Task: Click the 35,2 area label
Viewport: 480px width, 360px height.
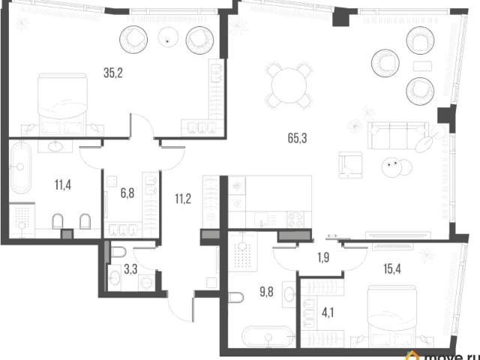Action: (113, 73)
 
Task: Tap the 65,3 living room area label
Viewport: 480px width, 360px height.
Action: (297, 138)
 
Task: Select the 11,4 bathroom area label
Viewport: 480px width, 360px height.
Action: (63, 185)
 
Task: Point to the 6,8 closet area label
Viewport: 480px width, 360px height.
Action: (127, 193)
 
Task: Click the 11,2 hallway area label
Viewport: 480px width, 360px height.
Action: (183, 199)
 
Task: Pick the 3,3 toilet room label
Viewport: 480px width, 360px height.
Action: (130, 270)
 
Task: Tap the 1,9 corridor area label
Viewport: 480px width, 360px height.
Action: (323, 258)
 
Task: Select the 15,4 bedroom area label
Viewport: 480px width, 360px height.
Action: (392, 269)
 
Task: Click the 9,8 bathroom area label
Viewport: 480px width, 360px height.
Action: (267, 292)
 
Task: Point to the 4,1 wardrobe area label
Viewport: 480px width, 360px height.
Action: (328, 313)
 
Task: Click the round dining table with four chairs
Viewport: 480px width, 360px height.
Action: (289, 85)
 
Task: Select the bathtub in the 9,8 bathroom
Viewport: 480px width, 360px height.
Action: (268, 337)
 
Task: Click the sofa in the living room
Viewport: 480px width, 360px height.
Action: (397, 135)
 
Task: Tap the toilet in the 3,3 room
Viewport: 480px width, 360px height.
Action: (118, 253)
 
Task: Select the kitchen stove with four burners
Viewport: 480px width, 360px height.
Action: (295, 220)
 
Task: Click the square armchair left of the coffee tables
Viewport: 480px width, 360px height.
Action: (351, 164)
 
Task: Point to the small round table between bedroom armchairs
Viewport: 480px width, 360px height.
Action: (167, 37)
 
